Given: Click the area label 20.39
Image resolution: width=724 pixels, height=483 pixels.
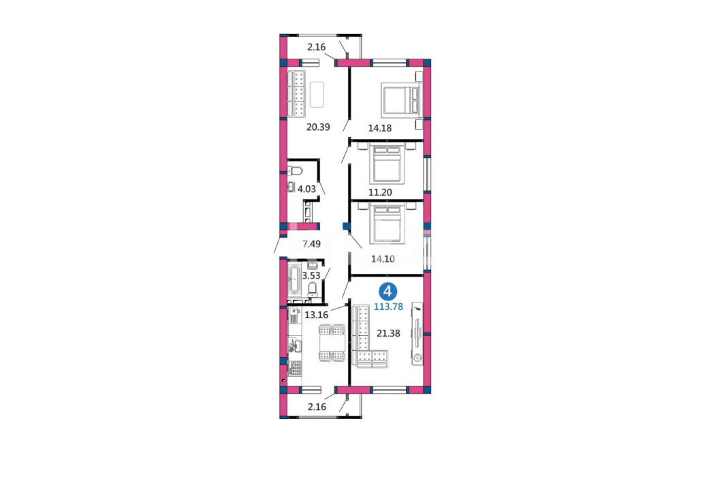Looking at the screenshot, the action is (318, 127).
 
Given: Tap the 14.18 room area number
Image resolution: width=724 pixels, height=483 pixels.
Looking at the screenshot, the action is (379, 128).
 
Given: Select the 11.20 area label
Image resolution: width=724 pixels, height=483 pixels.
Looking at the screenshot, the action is (380, 192).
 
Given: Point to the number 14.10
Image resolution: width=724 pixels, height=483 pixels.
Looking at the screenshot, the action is (383, 259).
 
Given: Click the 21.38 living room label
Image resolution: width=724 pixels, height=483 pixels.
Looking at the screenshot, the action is (388, 333).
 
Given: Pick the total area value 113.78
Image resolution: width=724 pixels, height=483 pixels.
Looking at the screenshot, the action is (388, 306).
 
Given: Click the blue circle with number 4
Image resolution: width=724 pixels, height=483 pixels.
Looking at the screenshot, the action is (388, 292).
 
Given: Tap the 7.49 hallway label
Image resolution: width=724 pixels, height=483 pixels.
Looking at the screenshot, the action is (311, 244).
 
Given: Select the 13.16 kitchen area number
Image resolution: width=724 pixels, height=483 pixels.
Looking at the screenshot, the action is (316, 315).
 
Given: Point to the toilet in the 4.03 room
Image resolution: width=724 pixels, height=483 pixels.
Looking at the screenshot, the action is (295, 171).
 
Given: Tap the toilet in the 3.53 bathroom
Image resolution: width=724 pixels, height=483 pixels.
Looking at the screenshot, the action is (313, 290).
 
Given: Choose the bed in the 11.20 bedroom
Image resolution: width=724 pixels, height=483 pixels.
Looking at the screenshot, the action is (388, 164).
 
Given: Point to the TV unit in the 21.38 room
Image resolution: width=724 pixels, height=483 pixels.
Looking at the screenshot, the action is (418, 334).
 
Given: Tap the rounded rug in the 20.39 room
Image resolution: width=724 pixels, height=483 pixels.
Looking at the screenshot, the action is (317, 94).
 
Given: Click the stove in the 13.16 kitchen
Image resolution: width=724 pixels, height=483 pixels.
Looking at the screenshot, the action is (295, 368).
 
